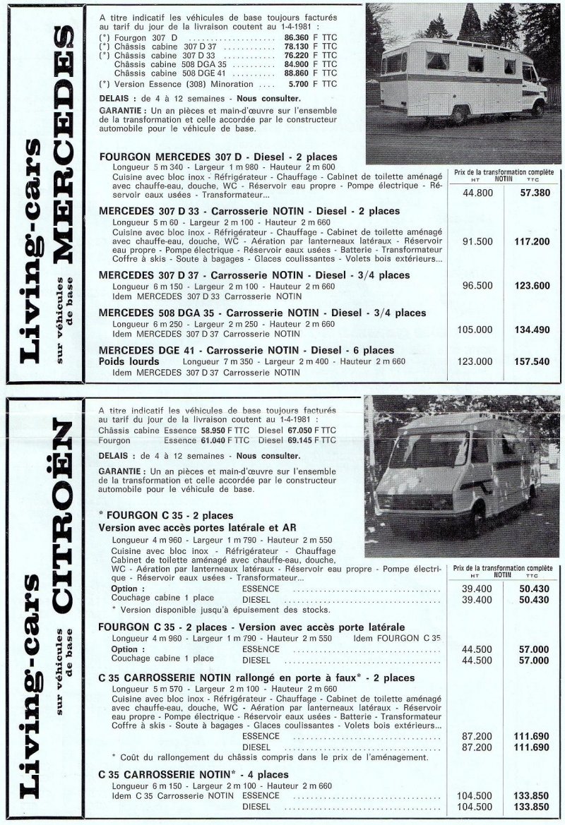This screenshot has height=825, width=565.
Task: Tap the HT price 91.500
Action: (x=477, y=241)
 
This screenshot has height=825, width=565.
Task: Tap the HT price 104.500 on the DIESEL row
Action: (x=477, y=805)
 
